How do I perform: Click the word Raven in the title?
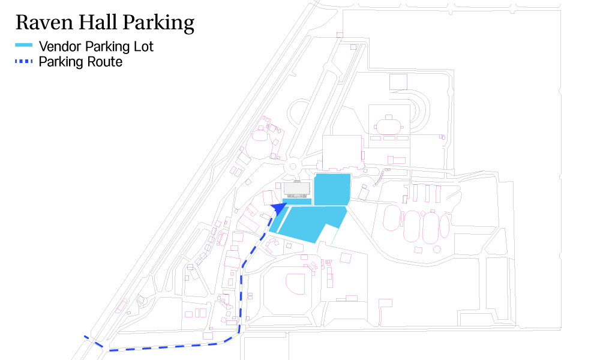[44, 22]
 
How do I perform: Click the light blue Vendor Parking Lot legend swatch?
[24, 45]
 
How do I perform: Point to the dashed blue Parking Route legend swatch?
[24, 61]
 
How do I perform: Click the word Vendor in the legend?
[60, 47]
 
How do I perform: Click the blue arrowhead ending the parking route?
[280, 208]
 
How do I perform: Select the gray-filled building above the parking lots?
[296, 189]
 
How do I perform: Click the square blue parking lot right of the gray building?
[332, 190]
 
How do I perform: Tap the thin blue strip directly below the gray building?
[297, 202]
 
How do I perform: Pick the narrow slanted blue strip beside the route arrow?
[278, 221]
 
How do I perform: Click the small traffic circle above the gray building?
[293, 166]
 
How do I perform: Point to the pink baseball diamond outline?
[295, 283]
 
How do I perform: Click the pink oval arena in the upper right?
[388, 126]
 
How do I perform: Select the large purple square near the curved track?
[398, 82]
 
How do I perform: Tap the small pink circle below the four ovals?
[437, 250]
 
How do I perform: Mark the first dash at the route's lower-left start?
[87, 337]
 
